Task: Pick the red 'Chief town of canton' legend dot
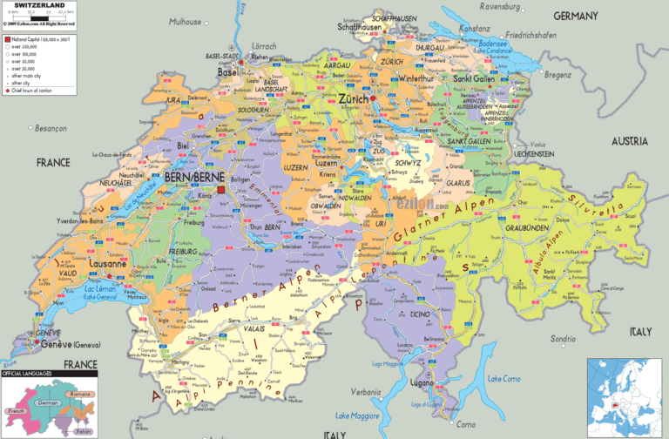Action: click(6, 91)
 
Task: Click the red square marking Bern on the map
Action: click(221, 188)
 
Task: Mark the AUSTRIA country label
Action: click(629, 141)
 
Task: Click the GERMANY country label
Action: click(576, 16)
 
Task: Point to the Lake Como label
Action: click(505, 378)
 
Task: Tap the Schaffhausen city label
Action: click(362, 26)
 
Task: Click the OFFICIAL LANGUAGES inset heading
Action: click(26, 373)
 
